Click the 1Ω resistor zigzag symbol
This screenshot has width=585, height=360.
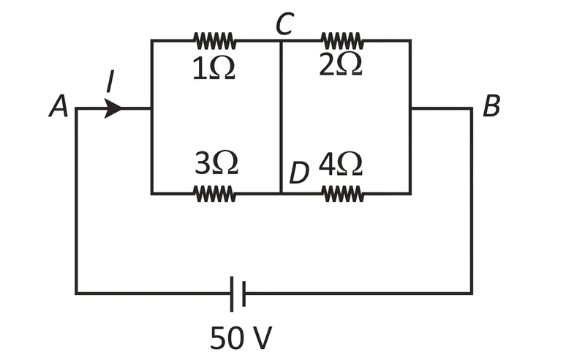pyautogui.click(x=214, y=40)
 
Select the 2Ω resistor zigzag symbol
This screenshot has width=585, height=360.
pyautogui.click(x=342, y=40)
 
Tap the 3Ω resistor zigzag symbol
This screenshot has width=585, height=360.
pyautogui.click(x=214, y=194)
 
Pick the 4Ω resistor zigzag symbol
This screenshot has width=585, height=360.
pyautogui.click(x=343, y=194)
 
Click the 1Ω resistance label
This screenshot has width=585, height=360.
pyautogui.click(x=214, y=69)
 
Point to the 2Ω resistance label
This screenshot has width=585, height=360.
pyautogui.click(x=341, y=64)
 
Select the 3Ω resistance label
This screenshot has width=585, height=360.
pyautogui.click(x=216, y=163)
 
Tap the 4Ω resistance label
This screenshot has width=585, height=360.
pyautogui.click(x=341, y=163)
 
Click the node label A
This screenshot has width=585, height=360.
pyautogui.click(x=58, y=106)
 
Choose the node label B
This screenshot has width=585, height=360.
pyautogui.click(x=491, y=106)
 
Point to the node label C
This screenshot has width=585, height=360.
pyautogui.click(x=285, y=24)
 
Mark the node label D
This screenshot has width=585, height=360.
pyautogui.click(x=299, y=173)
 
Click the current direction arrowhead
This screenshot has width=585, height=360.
pyautogui.click(x=113, y=109)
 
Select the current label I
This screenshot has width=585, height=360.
pyautogui.click(x=110, y=81)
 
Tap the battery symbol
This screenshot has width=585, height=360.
pyautogui.click(x=238, y=293)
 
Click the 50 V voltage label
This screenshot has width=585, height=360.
pyautogui.click(x=241, y=337)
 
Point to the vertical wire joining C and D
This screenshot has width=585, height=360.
pyautogui.click(x=281, y=117)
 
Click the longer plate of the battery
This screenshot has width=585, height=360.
pyautogui.click(x=232, y=293)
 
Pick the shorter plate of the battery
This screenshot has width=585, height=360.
pyautogui.click(x=244, y=293)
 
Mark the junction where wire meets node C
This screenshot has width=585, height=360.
pyautogui.click(x=281, y=40)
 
